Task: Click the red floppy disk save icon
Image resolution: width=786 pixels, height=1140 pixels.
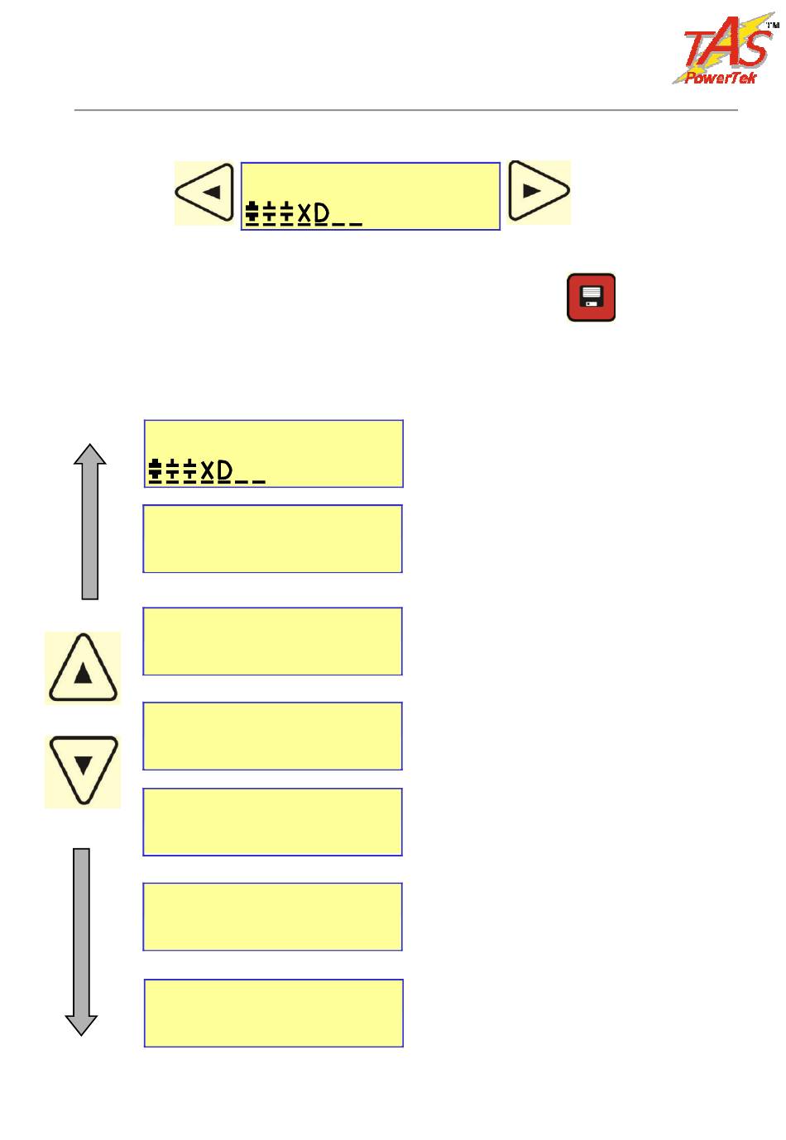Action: coord(591,298)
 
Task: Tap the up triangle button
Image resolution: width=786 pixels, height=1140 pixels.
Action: coord(83,668)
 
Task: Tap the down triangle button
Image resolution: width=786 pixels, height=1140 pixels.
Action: coord(83,770)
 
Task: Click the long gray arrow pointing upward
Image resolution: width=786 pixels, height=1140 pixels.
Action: coord(89,529)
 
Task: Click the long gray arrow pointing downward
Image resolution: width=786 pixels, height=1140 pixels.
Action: coord(81,934)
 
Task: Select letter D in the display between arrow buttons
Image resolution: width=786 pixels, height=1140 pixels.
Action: coord(322,214)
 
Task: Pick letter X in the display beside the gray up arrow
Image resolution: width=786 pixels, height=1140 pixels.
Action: coord(208,471)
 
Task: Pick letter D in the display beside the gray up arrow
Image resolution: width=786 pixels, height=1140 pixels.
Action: coord(225,471)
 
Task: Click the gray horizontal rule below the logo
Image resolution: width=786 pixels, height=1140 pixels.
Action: coord(405,110)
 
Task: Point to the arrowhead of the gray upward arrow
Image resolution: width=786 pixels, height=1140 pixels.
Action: coord(89,454)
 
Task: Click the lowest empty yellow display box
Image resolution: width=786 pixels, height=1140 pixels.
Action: coord(274,1013)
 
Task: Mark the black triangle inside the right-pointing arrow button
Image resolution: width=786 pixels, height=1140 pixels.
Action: coord(532,190)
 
